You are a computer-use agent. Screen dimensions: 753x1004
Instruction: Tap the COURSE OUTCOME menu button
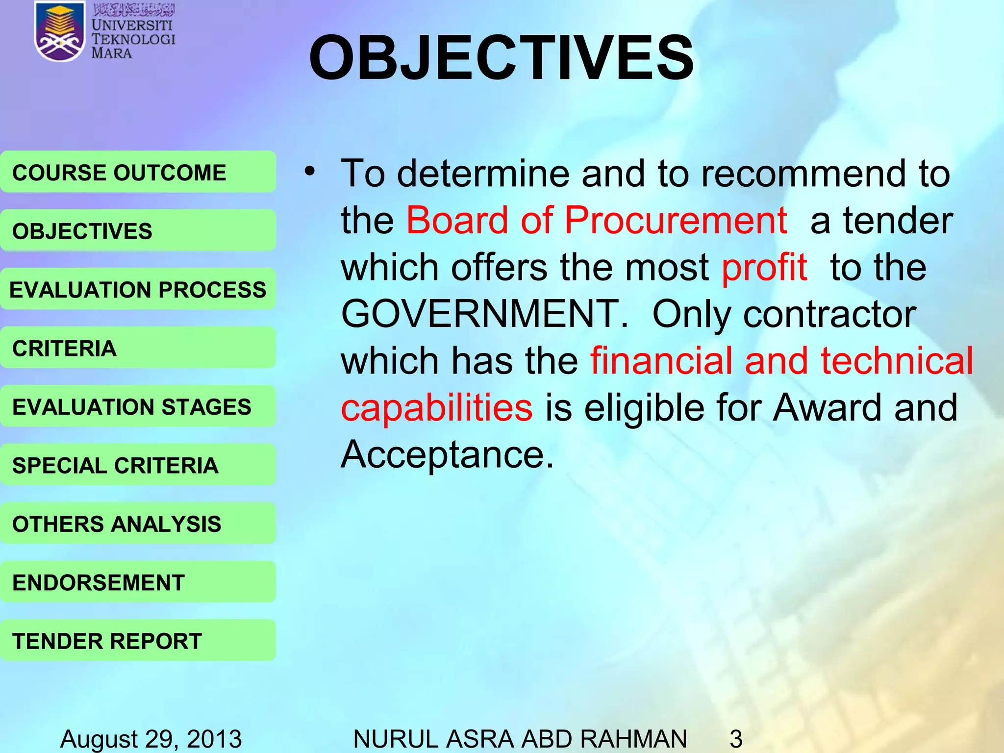138,172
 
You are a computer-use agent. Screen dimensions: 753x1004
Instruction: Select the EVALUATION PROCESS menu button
138,289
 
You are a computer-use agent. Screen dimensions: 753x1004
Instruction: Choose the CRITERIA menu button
138,348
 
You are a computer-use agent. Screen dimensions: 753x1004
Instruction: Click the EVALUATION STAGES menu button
138,406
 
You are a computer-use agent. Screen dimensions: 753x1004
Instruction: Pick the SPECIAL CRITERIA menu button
138,465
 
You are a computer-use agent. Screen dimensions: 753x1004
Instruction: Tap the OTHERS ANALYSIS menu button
138,524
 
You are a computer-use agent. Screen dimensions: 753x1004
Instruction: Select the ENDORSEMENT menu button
138,582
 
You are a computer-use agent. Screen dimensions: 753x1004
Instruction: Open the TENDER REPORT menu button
138,641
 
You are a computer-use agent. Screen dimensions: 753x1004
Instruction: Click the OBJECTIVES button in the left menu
138,230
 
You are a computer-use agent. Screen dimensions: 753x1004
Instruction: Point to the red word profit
764,268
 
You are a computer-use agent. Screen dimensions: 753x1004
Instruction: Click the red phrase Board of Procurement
597,221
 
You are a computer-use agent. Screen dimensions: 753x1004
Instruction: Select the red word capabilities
436,408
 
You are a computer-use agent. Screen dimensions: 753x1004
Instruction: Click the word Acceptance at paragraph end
447,455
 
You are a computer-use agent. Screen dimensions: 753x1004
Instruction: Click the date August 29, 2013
151,738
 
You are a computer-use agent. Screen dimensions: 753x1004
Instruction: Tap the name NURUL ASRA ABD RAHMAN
520,738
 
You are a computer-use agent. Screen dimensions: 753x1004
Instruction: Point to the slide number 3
736,738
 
